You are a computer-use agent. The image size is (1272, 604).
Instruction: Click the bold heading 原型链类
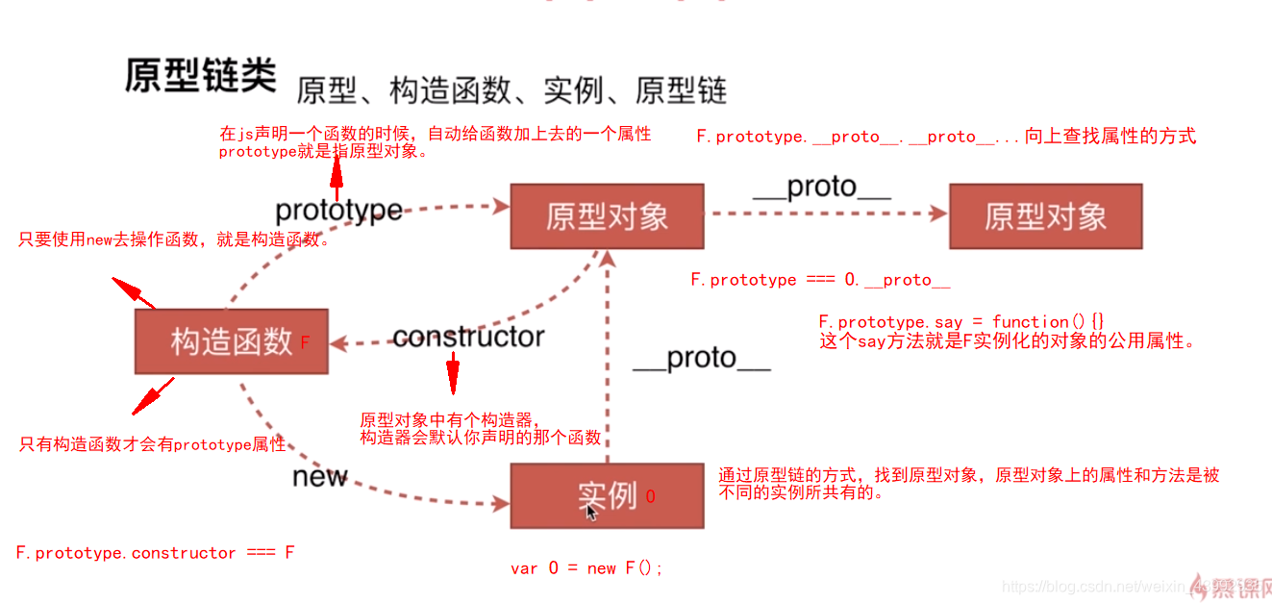pos(200,76)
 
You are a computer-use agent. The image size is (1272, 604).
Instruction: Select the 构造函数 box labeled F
pos(231,341)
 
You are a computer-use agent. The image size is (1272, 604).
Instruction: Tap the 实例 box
pos(606,495)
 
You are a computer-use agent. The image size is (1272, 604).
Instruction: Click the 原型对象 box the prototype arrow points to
pos(607,216)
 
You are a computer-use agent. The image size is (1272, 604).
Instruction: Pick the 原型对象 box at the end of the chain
pos(1045,216)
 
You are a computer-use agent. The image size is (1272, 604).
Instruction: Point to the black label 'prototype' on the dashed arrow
pos(338,211)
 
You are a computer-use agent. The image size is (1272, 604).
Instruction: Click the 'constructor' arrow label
pos(468,337)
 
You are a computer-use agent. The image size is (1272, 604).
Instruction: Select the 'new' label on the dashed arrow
pos(319,476)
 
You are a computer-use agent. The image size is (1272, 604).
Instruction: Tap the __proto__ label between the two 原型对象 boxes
pos(822,188)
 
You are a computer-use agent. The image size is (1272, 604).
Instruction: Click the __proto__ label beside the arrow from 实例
pos(702,358)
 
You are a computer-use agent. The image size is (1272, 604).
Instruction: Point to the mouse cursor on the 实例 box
pos(591,512)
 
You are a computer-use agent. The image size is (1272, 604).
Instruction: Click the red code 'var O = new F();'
pos(586,568)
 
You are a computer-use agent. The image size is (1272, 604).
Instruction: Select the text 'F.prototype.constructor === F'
pos(155,553)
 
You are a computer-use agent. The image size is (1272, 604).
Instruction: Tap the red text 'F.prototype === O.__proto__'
pos(820,280)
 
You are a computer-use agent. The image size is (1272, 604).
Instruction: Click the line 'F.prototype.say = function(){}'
pos(961,322)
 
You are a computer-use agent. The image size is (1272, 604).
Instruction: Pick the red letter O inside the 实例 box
pos(651,496)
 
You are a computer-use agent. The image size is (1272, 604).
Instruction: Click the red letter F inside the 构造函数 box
pos(305,342)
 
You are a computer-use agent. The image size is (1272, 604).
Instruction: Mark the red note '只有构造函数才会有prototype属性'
pos(153,444)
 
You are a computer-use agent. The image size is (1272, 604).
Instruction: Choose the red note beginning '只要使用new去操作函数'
pos(174,240)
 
